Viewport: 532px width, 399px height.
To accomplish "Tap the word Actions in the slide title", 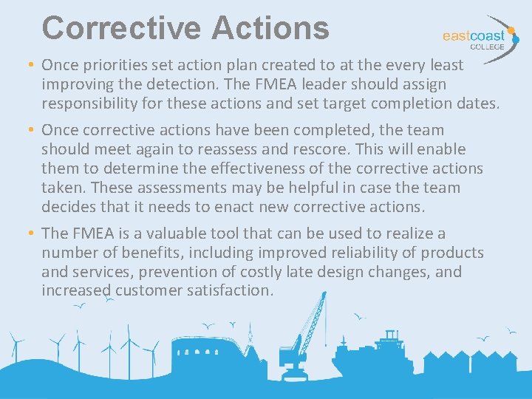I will pos(269,28).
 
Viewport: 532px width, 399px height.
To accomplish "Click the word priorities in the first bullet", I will pos(109,65).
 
